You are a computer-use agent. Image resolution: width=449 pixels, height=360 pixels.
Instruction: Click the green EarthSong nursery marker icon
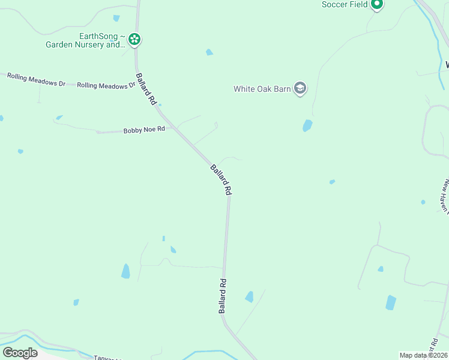click(x=134, y=40)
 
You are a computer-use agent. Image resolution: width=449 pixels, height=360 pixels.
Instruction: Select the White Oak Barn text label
click(x=262, y=89)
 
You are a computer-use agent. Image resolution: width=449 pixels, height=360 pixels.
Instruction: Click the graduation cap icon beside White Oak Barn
click(x=300, y=89)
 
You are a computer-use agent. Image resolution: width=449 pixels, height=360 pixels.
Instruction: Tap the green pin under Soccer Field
click(x=377, y=5)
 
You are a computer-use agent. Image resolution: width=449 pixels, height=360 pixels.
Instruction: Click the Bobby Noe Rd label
click(x=144, y=130)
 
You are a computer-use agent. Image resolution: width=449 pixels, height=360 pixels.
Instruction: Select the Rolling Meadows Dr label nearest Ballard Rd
click(x=106, y=86)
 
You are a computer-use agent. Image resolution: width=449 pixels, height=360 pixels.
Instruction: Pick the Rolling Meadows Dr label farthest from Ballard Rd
click(x=35, y=79)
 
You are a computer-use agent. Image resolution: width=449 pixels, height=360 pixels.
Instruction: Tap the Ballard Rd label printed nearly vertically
click(x=223, y=295)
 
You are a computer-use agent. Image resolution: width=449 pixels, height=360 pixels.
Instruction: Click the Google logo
click(x=20, y=353)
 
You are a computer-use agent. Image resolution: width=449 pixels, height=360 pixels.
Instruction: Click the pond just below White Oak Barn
click(x=307, y=125)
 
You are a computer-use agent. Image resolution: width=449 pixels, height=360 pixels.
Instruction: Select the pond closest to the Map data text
click(x=391, y=302)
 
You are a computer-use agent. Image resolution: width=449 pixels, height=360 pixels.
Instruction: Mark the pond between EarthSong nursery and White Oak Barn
click(x=209, y=52)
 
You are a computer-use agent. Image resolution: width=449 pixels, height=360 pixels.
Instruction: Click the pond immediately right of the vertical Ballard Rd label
click(x=249, y=296)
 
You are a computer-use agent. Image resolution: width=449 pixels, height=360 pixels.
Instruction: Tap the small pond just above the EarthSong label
click(x=116, y=18)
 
